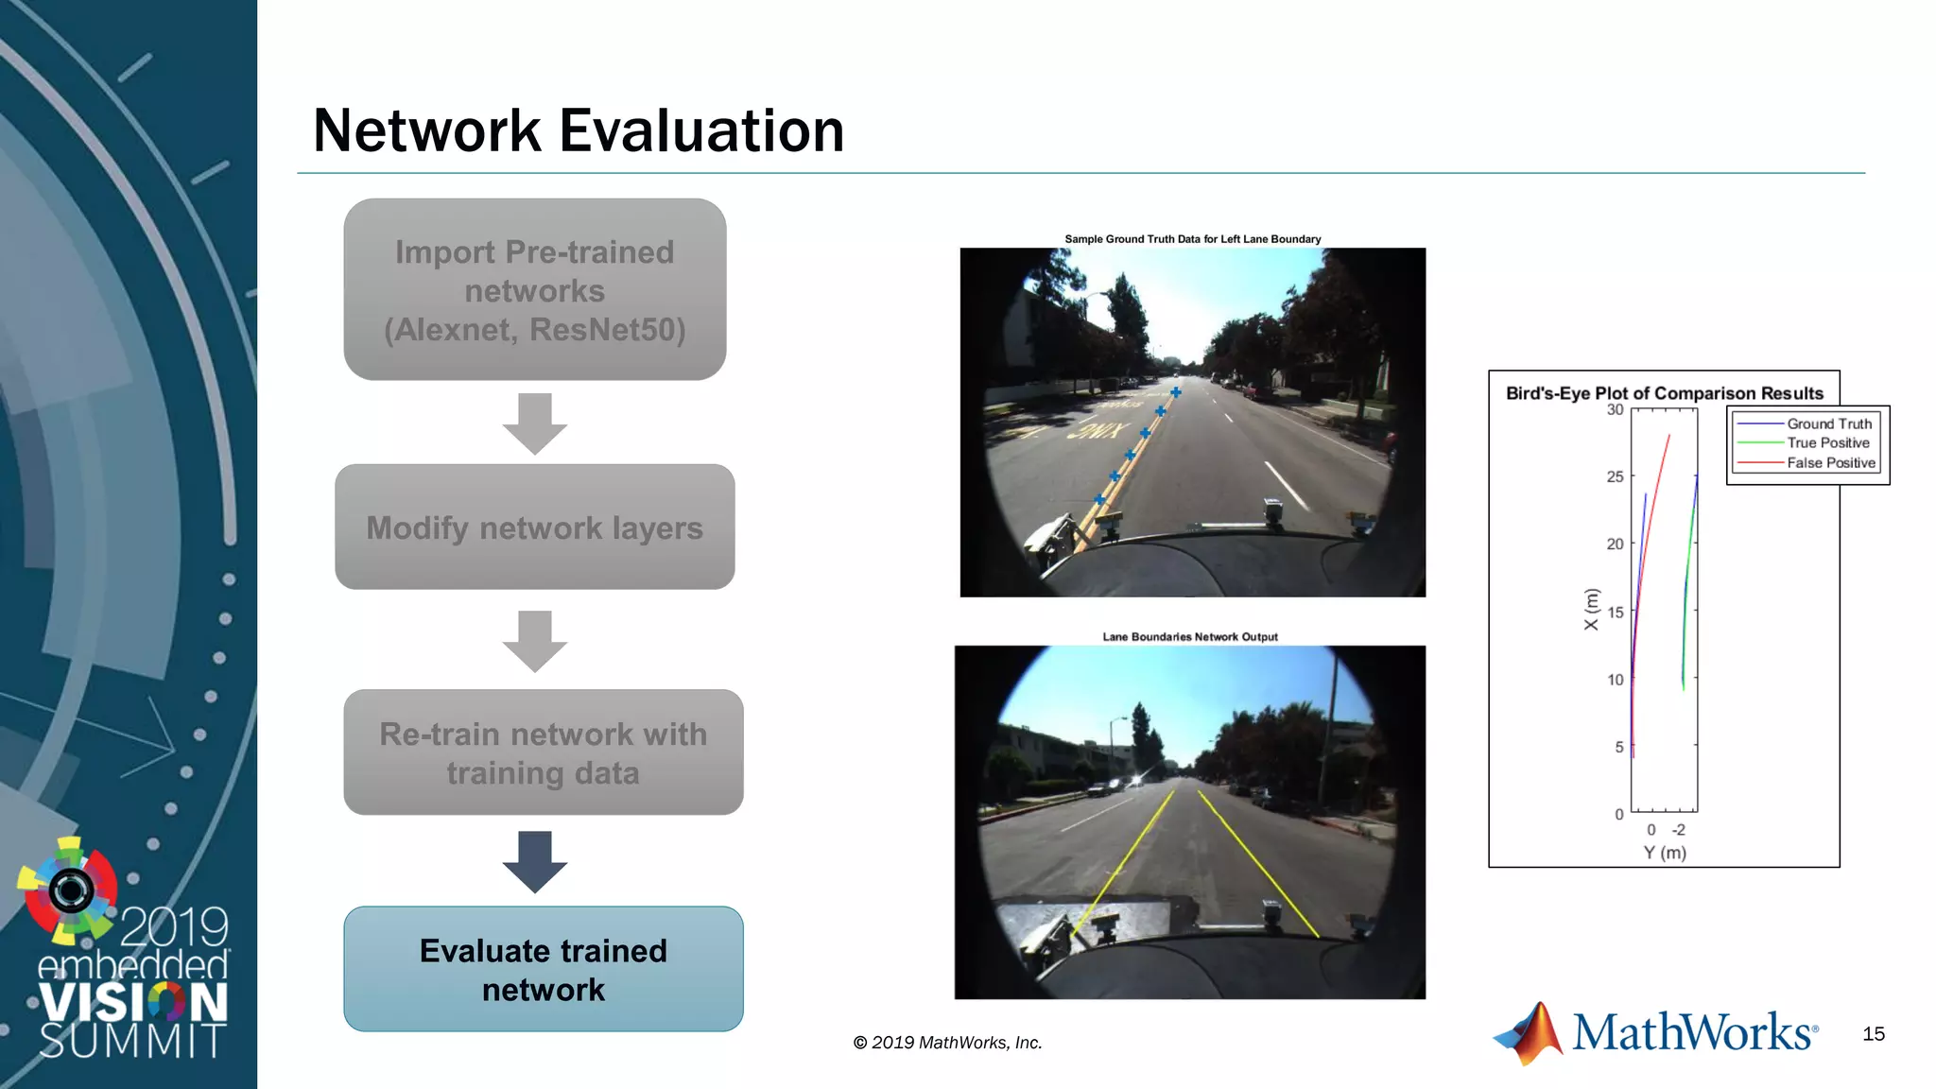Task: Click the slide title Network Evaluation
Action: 578,130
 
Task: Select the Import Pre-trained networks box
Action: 534,289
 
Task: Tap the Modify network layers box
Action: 534,527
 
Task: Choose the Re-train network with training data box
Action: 543,752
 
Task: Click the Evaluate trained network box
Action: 543,969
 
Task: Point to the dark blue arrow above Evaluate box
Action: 535,861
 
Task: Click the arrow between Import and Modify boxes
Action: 535,423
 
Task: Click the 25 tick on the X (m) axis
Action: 1616,476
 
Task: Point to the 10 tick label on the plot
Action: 1616,680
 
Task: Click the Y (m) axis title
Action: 1665,853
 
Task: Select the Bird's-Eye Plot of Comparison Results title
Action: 1664,393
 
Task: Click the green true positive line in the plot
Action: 1687,586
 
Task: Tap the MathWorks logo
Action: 1655,1032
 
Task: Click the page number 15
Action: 1874,1034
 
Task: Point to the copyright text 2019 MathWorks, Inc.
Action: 947,1043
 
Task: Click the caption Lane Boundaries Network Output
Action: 1190,637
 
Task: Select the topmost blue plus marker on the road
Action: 1176,392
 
